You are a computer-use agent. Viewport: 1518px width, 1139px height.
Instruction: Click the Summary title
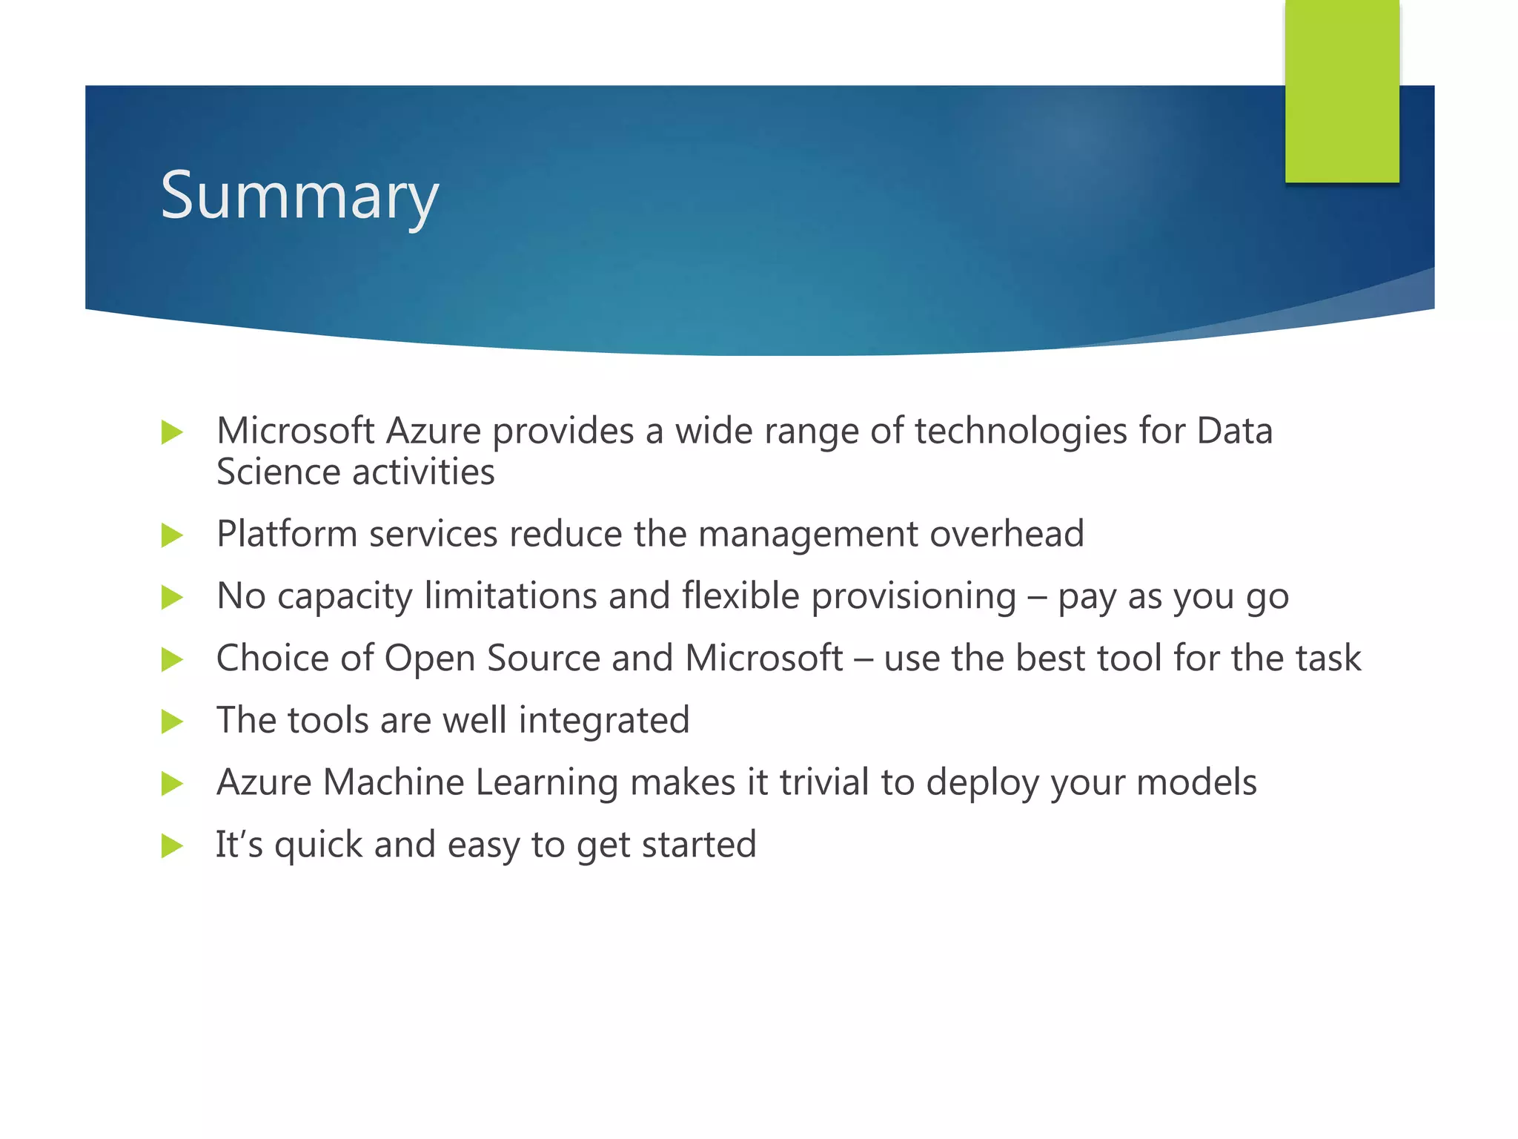point(299,195)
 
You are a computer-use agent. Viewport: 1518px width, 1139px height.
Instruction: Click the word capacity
point(345,596)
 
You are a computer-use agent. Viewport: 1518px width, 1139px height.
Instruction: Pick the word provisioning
point(913,596)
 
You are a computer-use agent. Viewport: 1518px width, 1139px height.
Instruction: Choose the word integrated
point(603,721)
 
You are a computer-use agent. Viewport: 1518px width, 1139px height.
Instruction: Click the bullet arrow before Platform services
point(171,535)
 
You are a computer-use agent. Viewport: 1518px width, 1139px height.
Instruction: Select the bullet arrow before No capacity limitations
point(171,597)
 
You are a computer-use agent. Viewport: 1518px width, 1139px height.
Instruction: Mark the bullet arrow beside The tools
point(171,721)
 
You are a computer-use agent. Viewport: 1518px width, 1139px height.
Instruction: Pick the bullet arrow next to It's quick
point(171,845)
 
